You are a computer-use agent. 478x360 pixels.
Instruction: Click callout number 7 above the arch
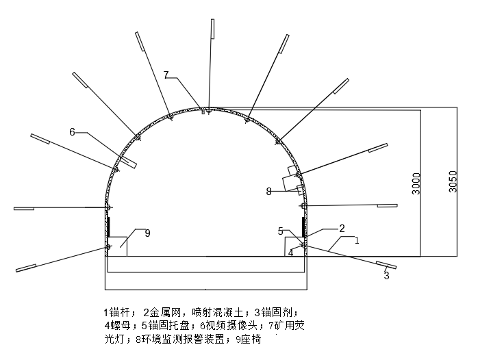coord(166,74)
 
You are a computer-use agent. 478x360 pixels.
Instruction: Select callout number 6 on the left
coord(72,131)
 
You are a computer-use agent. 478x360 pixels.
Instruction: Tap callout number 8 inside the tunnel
coord(269,192)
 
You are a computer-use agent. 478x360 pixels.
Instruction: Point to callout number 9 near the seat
coord(147,233)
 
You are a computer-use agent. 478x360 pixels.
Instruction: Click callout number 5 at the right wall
coord(281,231)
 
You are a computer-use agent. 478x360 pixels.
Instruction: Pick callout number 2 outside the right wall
coord(342,228)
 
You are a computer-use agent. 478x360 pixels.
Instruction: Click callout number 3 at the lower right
coord(386,276)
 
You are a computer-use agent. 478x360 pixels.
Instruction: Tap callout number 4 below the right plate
coord(290,252)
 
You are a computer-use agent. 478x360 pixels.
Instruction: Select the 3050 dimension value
coord(453,181)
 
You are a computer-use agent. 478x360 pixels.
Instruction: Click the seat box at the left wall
coord(118,246)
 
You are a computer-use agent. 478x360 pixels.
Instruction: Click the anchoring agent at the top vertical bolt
coord(212,29)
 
